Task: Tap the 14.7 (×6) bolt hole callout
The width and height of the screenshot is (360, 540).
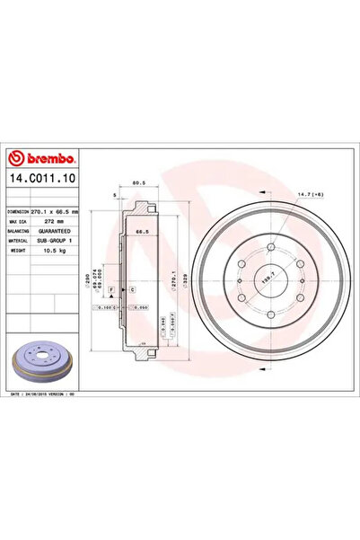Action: (304, 195)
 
